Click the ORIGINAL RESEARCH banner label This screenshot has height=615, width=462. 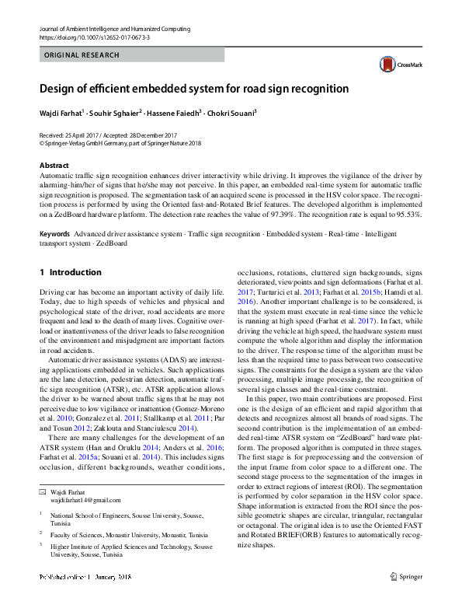click(x=82, y=55)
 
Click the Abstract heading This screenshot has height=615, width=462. click(x=54, y=166)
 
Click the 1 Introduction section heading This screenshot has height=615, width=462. click(x=70, y=273)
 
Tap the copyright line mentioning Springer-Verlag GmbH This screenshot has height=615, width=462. click(x=120, y=143)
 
